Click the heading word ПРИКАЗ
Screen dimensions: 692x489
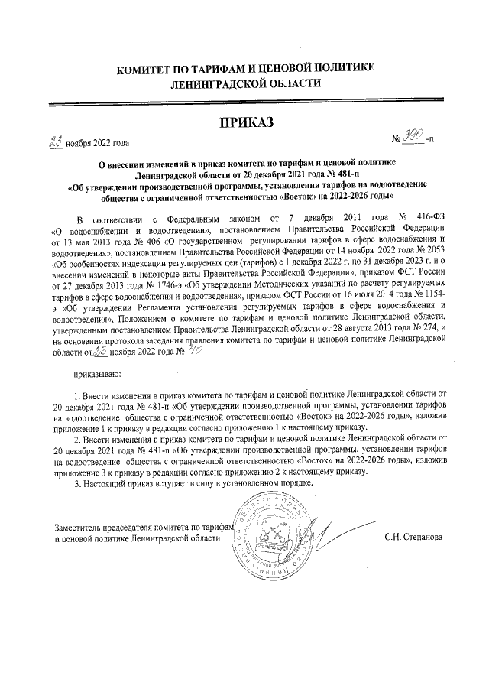coord(245,123)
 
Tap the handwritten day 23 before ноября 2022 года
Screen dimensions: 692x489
coord(56,141)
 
